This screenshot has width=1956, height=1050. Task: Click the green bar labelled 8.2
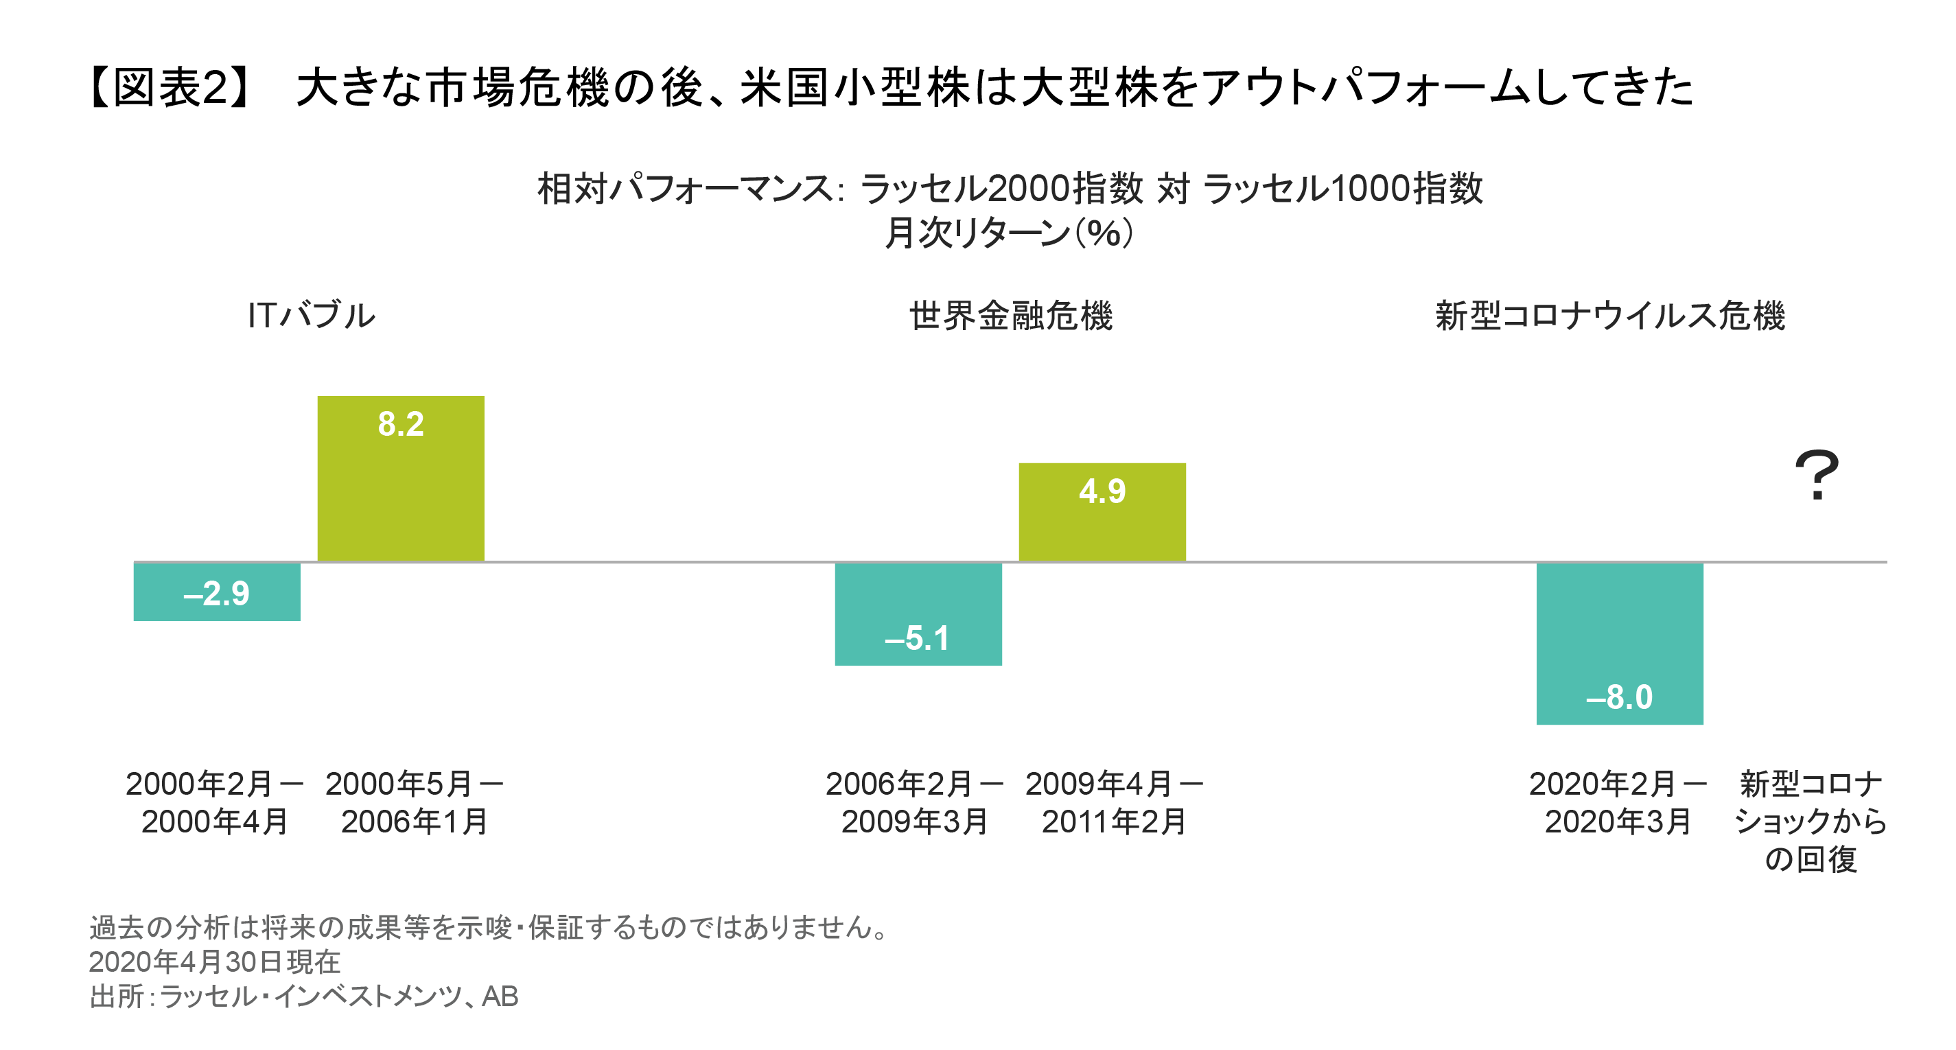tap(400, 478)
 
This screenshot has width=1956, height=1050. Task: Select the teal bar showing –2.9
tap(216, 592)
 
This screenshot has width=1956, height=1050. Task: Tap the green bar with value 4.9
tap(1101, 512)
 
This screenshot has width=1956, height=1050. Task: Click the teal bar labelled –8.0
tap(1619, 643)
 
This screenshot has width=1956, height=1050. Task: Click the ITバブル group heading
tap(312, 315)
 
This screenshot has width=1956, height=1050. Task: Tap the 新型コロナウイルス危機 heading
tap(1609, 315)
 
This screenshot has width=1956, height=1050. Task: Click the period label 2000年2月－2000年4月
tap(215, 802)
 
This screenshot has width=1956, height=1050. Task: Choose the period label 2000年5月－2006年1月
tap(414, 802)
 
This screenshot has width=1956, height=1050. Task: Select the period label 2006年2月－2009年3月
tap(914, 802)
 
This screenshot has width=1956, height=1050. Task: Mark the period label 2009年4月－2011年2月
tap(1114, 802)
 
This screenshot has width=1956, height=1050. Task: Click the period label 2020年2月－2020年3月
tap(1618, 802)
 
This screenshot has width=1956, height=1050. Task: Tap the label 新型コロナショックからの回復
tap(1811, 821)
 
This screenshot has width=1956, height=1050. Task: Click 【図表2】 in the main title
tap(171, 87)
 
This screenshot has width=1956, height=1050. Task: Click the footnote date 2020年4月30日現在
tap(214, 962)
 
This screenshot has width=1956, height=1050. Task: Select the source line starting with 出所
tap(304, 996)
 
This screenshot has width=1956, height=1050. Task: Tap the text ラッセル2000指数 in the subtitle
tap(1001, 188)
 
